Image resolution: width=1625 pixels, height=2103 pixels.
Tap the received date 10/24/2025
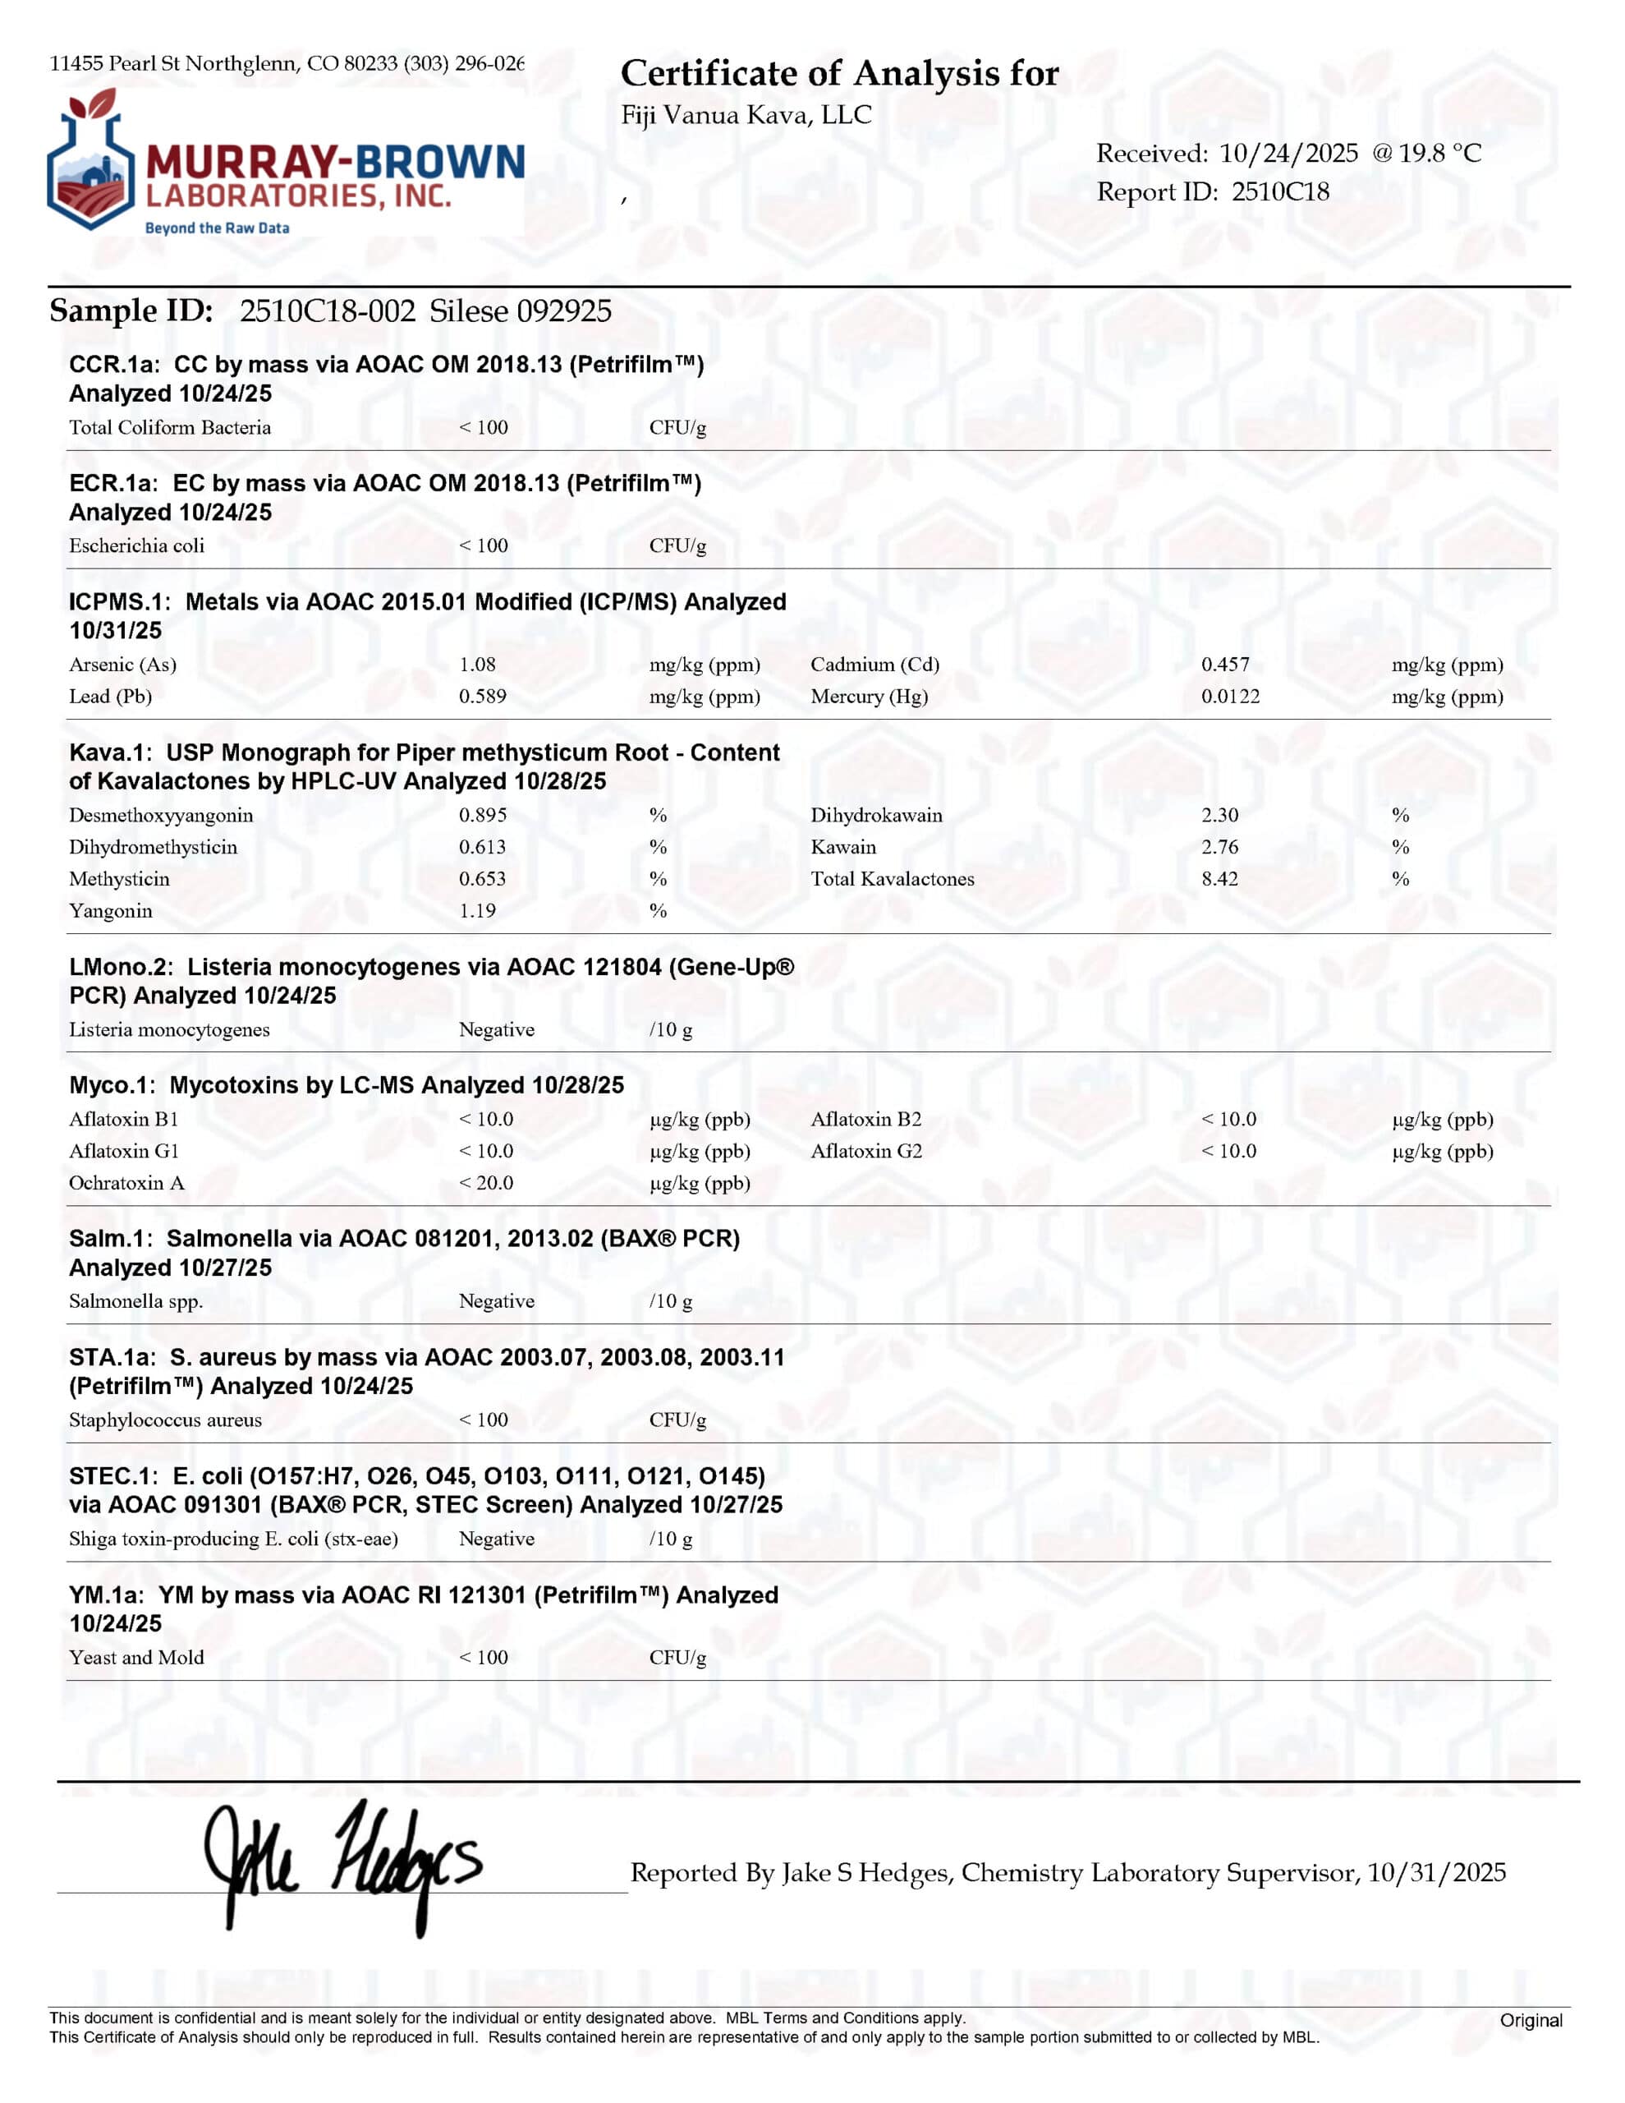1288,153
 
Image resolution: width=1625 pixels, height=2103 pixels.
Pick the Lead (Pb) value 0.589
482,696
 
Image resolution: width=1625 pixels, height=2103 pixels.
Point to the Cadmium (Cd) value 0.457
1224,665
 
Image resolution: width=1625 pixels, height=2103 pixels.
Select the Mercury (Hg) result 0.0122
1229,696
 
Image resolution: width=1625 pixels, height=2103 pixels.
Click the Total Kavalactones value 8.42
1219,878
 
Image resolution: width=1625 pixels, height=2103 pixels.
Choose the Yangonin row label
111,911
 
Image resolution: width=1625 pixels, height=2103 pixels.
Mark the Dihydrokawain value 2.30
1219,815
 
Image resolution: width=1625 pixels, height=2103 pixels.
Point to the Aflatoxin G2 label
865,1151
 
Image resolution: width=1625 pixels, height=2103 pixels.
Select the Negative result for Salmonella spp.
496,1301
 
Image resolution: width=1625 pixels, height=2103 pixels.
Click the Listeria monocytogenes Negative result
496,1029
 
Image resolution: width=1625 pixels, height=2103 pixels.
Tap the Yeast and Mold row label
136,1657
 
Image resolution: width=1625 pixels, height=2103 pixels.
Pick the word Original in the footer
1531,2020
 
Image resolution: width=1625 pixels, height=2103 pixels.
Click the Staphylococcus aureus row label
164,1420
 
